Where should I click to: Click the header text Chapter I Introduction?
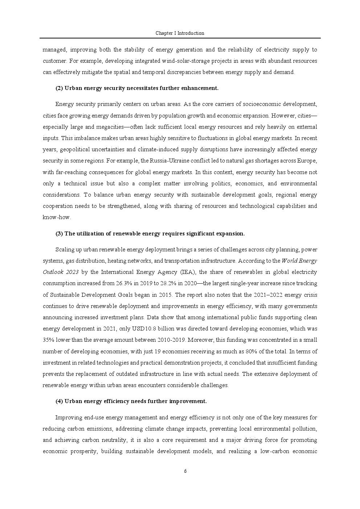180,33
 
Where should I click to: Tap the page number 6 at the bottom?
185,471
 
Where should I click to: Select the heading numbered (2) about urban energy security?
137,88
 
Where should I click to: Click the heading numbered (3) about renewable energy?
150,234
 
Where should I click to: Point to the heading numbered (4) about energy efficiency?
131,401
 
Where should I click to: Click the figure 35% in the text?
49,340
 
